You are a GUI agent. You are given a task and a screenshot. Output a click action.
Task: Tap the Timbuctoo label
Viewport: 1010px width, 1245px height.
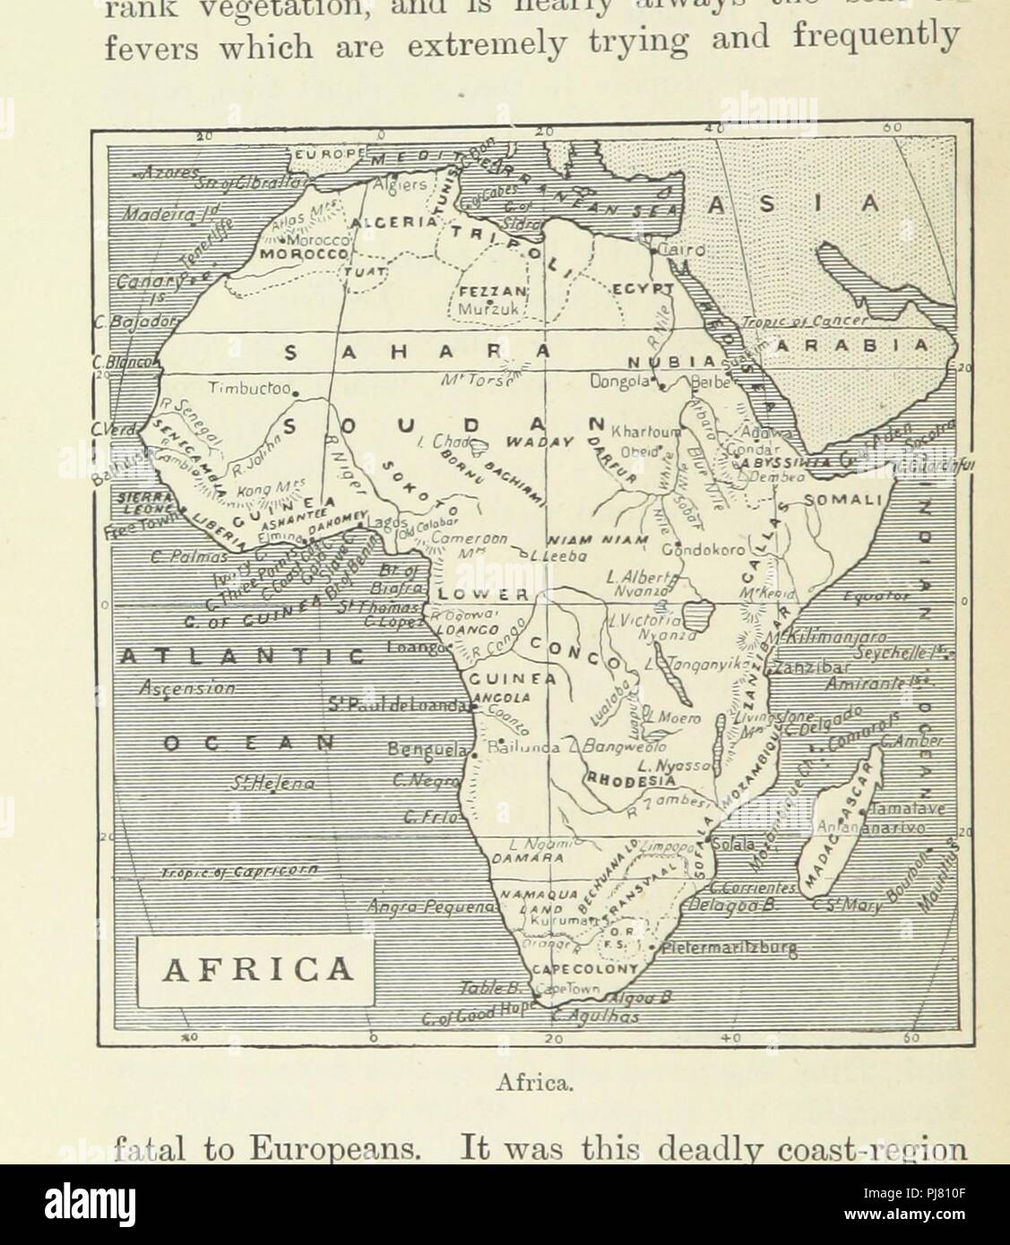point(244,389)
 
